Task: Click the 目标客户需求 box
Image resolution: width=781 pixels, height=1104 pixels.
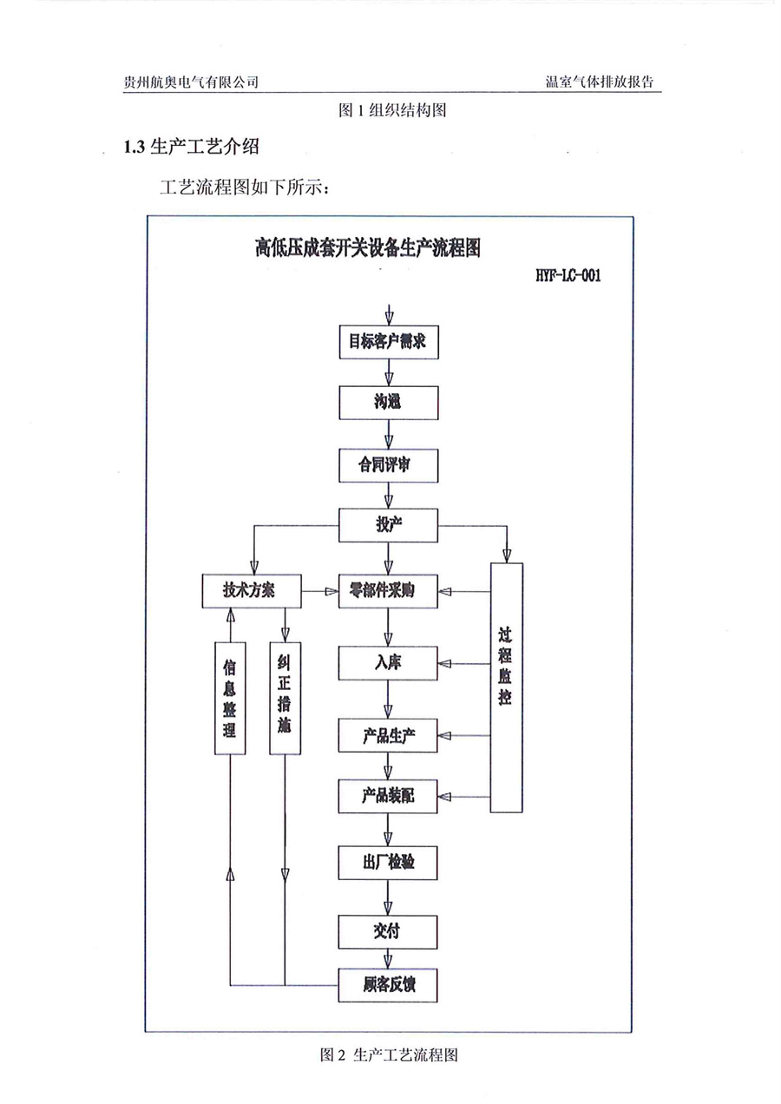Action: [388, 343]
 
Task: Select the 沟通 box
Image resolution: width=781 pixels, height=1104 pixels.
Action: [388, 402]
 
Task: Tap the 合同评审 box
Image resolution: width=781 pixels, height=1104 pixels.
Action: [388, 465]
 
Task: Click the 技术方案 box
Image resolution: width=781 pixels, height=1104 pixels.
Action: [250, 590]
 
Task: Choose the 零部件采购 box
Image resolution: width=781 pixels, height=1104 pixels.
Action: [388, 590]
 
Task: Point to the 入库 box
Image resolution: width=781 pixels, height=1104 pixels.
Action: [388, 663]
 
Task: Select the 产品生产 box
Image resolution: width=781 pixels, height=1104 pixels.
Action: [388, 736]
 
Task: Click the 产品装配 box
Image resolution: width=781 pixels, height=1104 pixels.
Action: [388, 795]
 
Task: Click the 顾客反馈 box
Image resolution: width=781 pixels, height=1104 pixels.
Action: [388, 985]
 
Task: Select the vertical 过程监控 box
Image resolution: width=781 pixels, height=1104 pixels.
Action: [506, 687]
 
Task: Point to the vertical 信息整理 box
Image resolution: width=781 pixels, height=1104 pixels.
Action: [230, 697]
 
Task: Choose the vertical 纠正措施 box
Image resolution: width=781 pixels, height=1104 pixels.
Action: [285, 697]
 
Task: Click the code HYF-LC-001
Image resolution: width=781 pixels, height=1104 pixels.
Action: [568, 277]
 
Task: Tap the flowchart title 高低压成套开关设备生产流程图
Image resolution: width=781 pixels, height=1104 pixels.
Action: [369, 248]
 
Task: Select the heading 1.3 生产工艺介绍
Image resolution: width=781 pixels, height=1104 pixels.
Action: [192, 147]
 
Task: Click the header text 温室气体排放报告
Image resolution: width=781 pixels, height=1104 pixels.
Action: [599, 82]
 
